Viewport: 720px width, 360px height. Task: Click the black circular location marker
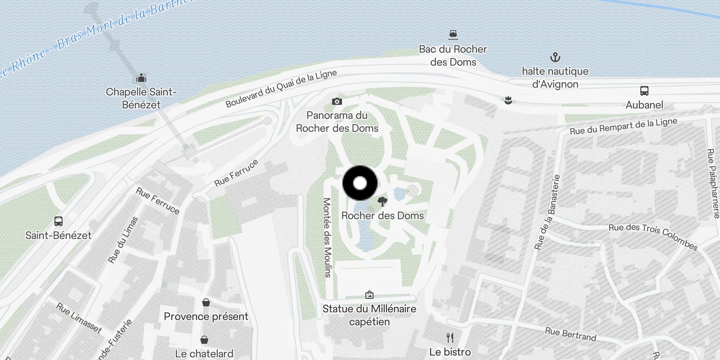(360, 183)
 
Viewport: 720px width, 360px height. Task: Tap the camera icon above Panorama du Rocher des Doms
(337, 102)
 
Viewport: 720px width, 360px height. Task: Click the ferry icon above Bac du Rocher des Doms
(453, 35)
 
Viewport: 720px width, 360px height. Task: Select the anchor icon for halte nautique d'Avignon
(555, 57)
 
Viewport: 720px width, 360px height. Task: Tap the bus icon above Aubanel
(644, 91)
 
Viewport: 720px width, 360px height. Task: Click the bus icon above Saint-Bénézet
(58, 221)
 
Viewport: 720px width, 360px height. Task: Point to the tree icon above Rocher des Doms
(382, 201)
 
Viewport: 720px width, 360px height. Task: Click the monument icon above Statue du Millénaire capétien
(369, 295)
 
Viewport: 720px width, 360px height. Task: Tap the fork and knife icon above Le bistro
(450, 338)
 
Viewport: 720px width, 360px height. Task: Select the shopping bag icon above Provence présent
(206, 302)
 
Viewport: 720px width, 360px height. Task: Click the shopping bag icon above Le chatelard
(204, 340)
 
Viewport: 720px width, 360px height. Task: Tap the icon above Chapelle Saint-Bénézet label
(141, 78)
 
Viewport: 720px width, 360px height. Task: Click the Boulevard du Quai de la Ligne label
(281, 89)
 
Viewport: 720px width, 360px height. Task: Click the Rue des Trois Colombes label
(652, 236)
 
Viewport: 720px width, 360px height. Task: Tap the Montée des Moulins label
(327, 237)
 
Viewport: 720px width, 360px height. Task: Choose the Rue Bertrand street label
(570, 334)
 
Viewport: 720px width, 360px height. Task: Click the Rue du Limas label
(123, 240)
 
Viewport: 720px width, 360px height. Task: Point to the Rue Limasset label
(79, 318)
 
